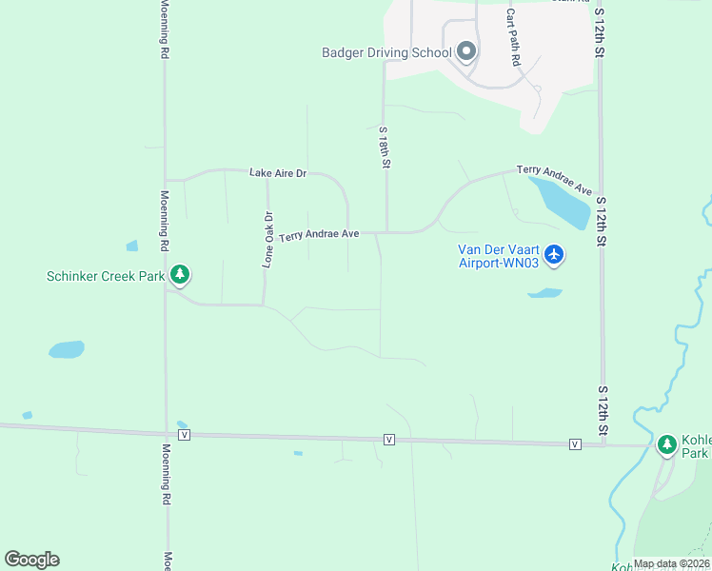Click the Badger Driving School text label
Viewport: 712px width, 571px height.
click(x=386, y=52)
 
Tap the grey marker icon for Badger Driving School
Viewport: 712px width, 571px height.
click(x=465, y=50)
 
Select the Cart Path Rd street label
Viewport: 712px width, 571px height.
click(x=513, y=37)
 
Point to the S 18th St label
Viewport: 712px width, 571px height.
click(x=384, y=148)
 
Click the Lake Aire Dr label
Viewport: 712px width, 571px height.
click(x=278, y=173)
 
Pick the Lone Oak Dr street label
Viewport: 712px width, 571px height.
click(x=268, y=239)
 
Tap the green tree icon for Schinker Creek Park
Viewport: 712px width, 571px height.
click(x=180, y=276)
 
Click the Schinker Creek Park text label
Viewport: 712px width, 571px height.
click(x=105, y=277)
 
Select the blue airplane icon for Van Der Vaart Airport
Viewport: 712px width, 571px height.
click(x=555, y=255)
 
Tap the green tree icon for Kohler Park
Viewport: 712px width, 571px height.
click(x=667, y=443)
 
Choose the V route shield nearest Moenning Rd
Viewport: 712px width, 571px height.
click(x=185, y=434)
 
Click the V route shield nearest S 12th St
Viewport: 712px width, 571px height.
click(x=575, y=444)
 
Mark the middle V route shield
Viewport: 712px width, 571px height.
click(x=389, y=439)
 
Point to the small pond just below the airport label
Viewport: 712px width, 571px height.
click(x=544, y=293)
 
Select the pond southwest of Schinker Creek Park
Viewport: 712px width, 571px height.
click(x=67, y=349)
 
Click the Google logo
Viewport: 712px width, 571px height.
click(x=31, y=559)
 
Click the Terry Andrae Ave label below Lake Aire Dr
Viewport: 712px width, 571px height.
click(x=319, y=234)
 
